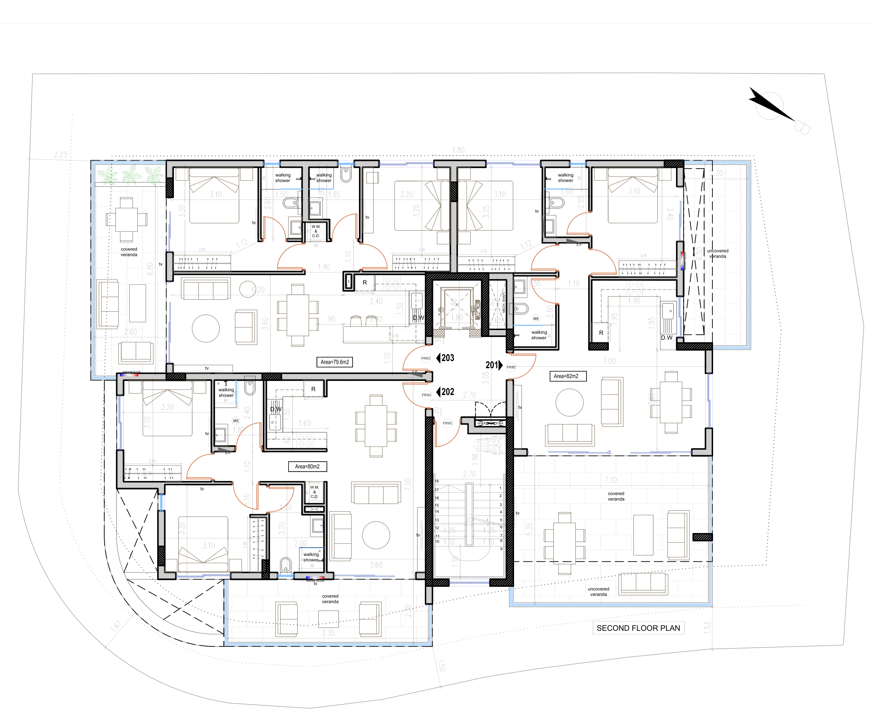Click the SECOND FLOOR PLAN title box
coord(638,628)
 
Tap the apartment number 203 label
coord(447,358)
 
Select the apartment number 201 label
coord(492,365)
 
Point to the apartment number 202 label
coord(447,392)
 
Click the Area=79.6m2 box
coord(335,362)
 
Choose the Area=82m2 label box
coord(566,376)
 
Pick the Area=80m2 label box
coord(307,466)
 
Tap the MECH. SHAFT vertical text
coord(504,302)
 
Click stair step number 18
coord(437,481)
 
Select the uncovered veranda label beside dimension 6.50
coord(718,254)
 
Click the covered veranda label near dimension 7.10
coord(616,496)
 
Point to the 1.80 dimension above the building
coord(458,150)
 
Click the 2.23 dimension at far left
coord(60,155)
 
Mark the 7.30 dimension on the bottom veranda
coord(328,633)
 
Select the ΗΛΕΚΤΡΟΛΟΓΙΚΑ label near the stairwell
coord(490,424)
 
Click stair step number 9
coord(501,548)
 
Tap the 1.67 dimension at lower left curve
coord(116,626)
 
